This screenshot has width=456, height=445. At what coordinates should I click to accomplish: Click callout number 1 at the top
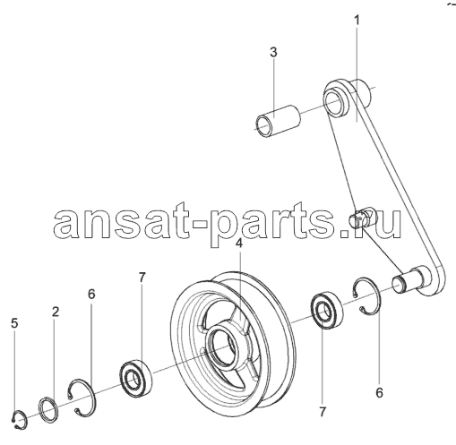pyautogui.click(x=357, y=21)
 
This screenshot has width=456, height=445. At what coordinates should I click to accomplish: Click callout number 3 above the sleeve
pyautogui.click(x=273, y=52)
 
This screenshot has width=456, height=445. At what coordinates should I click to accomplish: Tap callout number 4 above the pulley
pyautogui.click(x=238, y=244)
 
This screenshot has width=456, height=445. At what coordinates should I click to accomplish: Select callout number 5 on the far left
pyautogui.click(x=14, y=323)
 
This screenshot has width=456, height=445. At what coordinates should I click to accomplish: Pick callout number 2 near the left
pyautogui.click(x=56, y=312)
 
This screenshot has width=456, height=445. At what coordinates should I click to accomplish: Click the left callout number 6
pyautogui.click(x=91, y=294)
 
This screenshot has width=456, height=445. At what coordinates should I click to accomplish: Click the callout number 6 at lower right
pyautogui.click(x=379, y=393)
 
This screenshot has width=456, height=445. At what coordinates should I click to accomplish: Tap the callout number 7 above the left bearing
pyautogui.click(x=142, y=278)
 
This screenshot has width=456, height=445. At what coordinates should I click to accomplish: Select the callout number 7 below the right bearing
pyautogui.click(x=322, y=412)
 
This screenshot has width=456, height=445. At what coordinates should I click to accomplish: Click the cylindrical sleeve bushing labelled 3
pyautogui.click(x=279, y=121)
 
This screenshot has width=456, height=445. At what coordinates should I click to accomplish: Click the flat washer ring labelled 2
pyautogui.click(x=48, y=410)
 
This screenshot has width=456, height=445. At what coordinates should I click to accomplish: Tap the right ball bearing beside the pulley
pyautogui.click(x=327, y=312)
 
